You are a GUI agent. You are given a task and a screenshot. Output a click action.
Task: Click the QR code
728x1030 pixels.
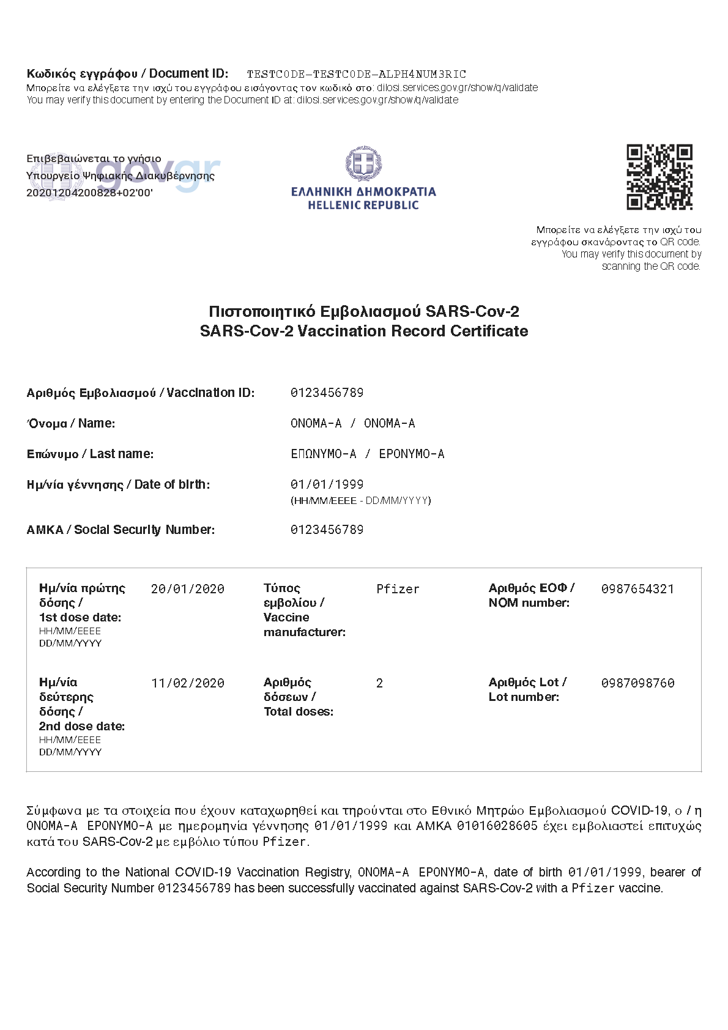(659, 177)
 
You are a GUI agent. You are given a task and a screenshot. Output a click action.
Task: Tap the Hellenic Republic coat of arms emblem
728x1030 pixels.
(363, 164)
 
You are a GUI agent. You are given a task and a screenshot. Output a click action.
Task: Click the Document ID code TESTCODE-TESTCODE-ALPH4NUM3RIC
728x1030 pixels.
(356, 75)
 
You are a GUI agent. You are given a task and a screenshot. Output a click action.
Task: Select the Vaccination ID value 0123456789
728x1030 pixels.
(327, 393)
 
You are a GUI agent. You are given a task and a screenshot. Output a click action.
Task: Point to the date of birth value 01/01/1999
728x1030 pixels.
(327, 484)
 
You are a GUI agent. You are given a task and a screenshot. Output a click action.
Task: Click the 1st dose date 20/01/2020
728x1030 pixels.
(187, 589)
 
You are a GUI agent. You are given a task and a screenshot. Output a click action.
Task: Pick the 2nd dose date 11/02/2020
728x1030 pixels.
(187, 683)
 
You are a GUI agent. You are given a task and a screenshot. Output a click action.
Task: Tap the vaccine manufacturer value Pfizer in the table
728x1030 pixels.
(398, 589)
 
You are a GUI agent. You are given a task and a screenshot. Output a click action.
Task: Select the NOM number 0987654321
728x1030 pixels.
(637, 589)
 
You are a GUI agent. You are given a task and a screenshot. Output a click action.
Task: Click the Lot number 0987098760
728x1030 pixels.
(637, 683)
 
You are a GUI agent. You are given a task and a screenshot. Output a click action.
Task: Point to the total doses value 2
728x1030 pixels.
(379, 683)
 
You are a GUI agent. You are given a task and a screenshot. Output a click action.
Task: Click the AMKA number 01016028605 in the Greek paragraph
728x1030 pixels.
(497, 826)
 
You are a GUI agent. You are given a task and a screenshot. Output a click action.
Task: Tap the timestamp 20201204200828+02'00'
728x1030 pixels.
(89, 193)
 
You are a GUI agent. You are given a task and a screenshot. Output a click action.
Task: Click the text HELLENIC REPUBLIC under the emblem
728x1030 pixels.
(363, 206)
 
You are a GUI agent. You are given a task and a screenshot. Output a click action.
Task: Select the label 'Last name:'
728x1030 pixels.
(122, 454)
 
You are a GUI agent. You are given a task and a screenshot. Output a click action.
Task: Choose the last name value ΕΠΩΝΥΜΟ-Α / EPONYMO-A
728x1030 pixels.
(367, 454)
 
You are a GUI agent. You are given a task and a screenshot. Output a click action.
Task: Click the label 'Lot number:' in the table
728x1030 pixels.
(524, 697)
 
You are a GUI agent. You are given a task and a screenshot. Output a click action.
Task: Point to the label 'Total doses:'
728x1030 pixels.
(299, 711)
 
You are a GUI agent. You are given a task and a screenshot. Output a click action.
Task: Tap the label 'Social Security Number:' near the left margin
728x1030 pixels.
(144, 530)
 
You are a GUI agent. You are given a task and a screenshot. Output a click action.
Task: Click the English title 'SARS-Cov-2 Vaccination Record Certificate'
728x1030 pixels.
(363, 331)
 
